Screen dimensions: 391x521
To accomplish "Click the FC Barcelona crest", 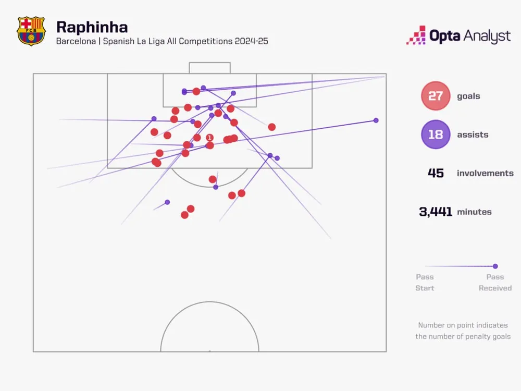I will pyautogui.click(x=31, y=31).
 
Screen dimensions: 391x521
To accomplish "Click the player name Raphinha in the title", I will pyautogui.click(x=92, y=27).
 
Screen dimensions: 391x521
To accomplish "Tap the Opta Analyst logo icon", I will pyautogui.click(x=416, y=35).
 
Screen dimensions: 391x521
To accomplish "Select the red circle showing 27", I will pyautogui.click(x=436, y=96).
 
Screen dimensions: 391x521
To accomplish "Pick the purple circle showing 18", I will pyautogui.click(x=436, y=135).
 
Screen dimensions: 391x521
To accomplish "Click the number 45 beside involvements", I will pyautogui.click(x=436, y=173).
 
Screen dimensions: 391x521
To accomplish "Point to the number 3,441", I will pyautogui.click(x=436, y=212).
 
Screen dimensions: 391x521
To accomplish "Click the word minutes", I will pyautogui.click(x=474, y=212).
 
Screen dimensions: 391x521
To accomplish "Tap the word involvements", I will pyautogui.click(x=485, y=173).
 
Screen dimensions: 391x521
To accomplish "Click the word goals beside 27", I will pyautogui.click(x=468, y=96).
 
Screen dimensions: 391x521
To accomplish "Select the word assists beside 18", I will pyautogui.click(x=473, y=135).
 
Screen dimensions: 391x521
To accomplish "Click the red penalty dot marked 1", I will pyautogui.click(x=209, y=138).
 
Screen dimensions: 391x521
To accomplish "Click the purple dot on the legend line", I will pyautogui.click(x=495, y=266).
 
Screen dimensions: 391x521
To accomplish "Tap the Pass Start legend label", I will pyautogui.click(x=425, y=282).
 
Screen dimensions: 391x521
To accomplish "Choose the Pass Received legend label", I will pyautogui.click(x=495, y=282).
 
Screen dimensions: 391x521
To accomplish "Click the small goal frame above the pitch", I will pyautogui.click(x=209, y=68).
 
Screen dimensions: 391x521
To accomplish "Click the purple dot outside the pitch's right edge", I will pyautogui.click(x=376, y=120).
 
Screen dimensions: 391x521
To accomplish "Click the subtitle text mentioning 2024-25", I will pyautogui.click(x=162, y=41).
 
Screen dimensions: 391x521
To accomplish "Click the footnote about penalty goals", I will pyautogui.click(x=462, y=331).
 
